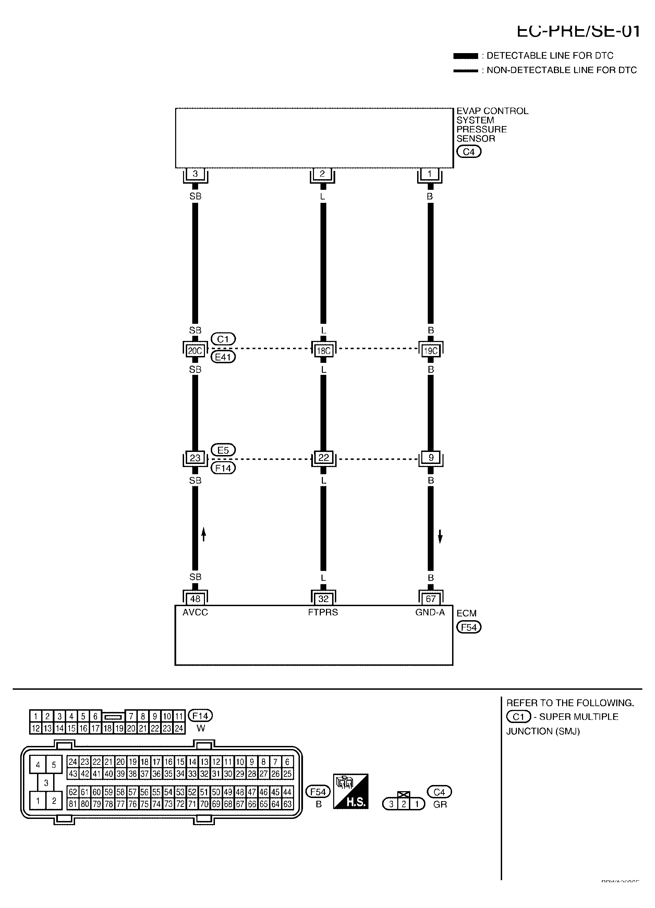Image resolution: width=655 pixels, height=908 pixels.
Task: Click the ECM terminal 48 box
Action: point(195,599)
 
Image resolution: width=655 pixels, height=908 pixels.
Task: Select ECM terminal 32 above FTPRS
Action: point(323,599)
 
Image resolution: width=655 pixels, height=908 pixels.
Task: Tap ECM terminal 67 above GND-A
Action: point(430,599)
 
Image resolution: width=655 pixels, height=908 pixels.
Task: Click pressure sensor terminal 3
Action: point(195,174)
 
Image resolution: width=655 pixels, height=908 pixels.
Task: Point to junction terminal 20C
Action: point(195,351)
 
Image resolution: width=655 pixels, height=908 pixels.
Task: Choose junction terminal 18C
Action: point(324,351)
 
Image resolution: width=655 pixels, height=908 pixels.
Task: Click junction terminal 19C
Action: point(431,351)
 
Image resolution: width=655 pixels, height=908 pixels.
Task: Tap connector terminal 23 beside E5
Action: point(195,458)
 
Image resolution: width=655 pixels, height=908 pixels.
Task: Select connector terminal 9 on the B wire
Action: point(431,458)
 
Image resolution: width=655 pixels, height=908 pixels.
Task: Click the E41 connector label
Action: point(223,357)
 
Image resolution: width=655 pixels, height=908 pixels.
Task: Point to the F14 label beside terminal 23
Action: point(223,468)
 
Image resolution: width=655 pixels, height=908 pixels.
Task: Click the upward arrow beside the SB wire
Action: point(203,534)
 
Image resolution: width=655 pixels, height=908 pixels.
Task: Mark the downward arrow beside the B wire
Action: point(440,536)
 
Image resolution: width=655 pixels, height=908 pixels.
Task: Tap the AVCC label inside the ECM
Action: point(195,612)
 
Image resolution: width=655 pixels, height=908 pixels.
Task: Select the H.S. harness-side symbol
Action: point(351,791)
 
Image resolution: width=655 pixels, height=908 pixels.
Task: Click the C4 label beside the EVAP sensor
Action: point(469,152)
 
